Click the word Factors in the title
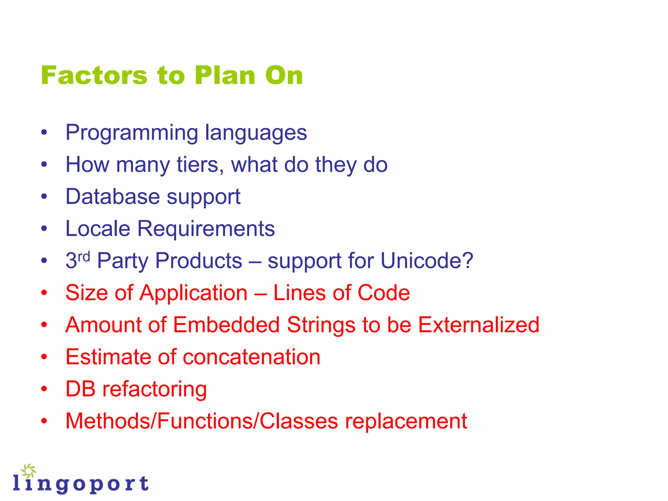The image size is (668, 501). pyautogui.click(x=94, y=76)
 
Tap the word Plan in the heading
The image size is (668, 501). pyautogui.click(x=225, y=76)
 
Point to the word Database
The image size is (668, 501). pyautogui.click(x=113, y=197)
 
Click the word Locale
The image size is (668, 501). pyautogui.click(x=98, y=229)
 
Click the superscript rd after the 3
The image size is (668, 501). pyautogui.click(x=84, y=257)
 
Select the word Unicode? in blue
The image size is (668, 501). pyautogui.click(x=427, y=261)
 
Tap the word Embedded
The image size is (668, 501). pyautogui.click(x=226, y=325)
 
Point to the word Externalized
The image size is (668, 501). pyautogui.click(x=478, y=325)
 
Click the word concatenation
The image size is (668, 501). pyautogui.click(x=251, y=357)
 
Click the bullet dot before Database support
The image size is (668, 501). pyautogui.click(x=44, y=197)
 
